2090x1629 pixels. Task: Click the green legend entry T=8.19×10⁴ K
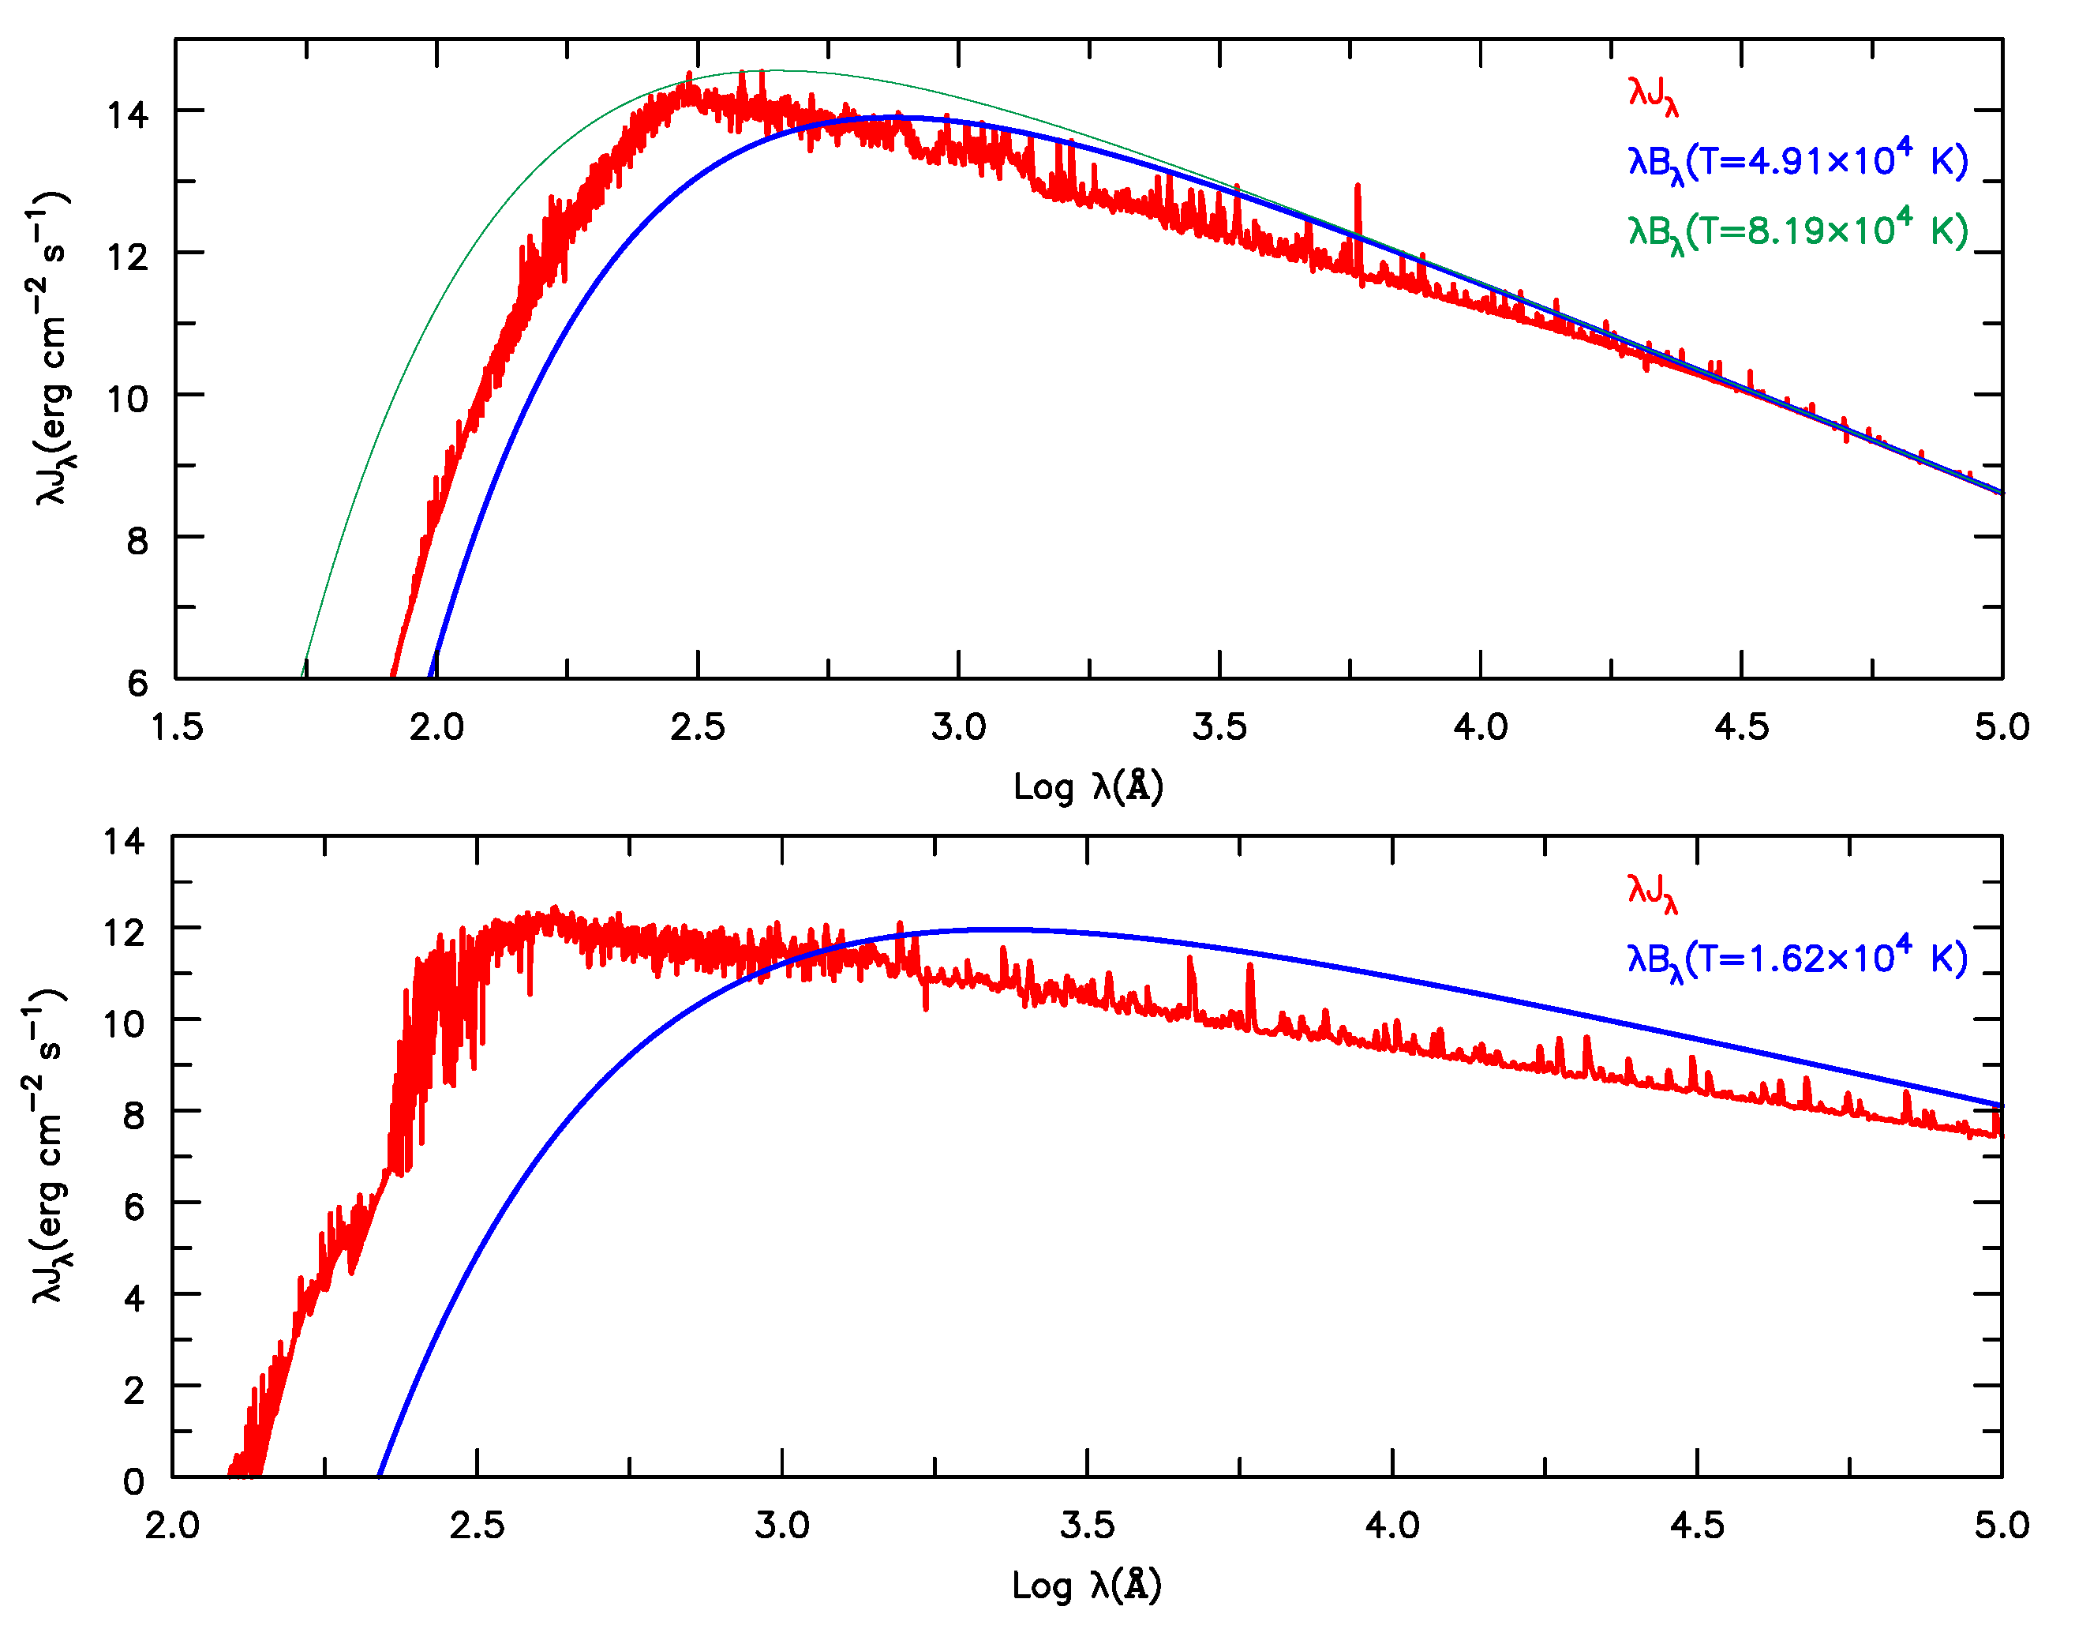(x=1797, y=231)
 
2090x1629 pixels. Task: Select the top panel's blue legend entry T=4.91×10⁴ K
(x=1797, y=161)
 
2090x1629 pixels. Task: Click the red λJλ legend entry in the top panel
(x=1653, y=95)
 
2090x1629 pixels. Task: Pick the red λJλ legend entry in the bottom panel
(x=1652, y=892)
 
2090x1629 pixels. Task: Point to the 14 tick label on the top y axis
(x=127, y=114)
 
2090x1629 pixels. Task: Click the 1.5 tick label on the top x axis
(x=177, y=727)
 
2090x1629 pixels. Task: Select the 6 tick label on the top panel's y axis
(x=138, y=682)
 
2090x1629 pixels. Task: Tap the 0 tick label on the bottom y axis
(x=134, y=1481)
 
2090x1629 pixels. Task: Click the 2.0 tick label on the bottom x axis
(x=172, y=1526)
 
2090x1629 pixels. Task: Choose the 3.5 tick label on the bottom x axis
(x=1087, y=1526)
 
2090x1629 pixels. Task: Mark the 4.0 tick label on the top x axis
(x=1481, y=727)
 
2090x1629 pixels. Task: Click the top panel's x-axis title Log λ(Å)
(x=1088, y=786)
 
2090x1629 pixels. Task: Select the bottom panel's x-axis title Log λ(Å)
(x=1087, y=1585)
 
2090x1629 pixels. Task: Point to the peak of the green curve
(x=761, y=69)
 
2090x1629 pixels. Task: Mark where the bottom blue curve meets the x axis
(x=380, y=1475)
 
